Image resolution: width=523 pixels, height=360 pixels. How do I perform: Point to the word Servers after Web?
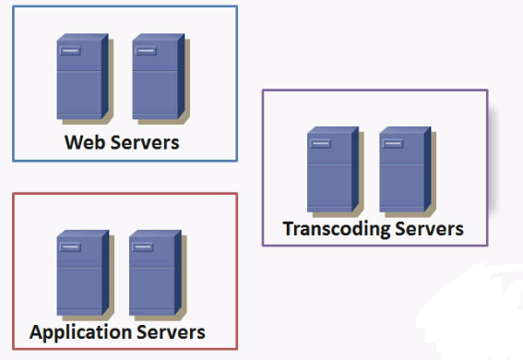click(x=145, y=142)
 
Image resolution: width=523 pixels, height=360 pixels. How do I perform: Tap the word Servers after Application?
click(x=171, y=332)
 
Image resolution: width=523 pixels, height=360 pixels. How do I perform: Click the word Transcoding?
click(x=337, y=229)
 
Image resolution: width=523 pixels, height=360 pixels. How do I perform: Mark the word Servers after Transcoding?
click(x=429, y=229)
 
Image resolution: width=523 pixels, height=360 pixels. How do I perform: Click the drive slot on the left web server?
click(x=70, y=51)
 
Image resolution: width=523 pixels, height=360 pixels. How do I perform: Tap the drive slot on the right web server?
click(x=146, y=51)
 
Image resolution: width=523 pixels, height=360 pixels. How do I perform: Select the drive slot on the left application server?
click(x=70, y=246)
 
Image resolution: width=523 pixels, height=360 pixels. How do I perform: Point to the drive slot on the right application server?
click(x=143, y=246)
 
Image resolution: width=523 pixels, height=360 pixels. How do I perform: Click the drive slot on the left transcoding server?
click(x=321, y=143)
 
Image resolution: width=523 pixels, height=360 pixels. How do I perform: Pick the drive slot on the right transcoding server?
click(x=393, y=143)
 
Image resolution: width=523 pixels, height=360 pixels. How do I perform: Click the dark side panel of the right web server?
click(x=181, y=76)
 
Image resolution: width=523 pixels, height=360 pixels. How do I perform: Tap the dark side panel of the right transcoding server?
click(x=428, y=169)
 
